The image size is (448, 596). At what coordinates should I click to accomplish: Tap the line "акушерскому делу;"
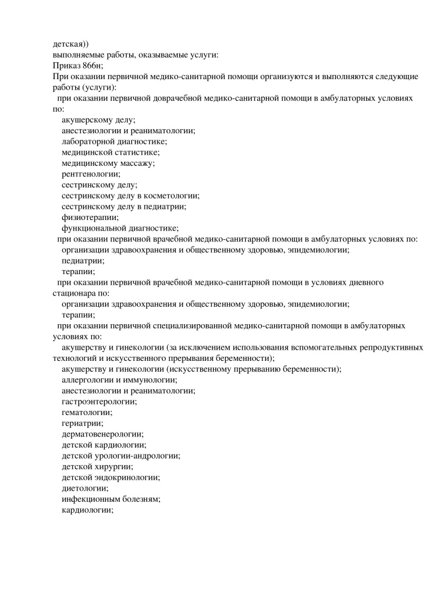pos(98,120)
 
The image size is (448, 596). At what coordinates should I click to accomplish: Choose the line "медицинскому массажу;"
pos(108,163)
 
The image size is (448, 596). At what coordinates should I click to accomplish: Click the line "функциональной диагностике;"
pos(120,228)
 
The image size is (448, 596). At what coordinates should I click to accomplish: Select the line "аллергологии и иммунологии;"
pos(119,380)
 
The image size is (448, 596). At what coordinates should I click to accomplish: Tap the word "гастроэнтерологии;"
pos(99,402)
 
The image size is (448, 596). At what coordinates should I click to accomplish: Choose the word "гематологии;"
pos(87,413)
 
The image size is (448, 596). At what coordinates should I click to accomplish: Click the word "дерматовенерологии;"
pos(102,434)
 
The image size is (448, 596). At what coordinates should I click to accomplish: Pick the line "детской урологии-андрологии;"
pos(120,456)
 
